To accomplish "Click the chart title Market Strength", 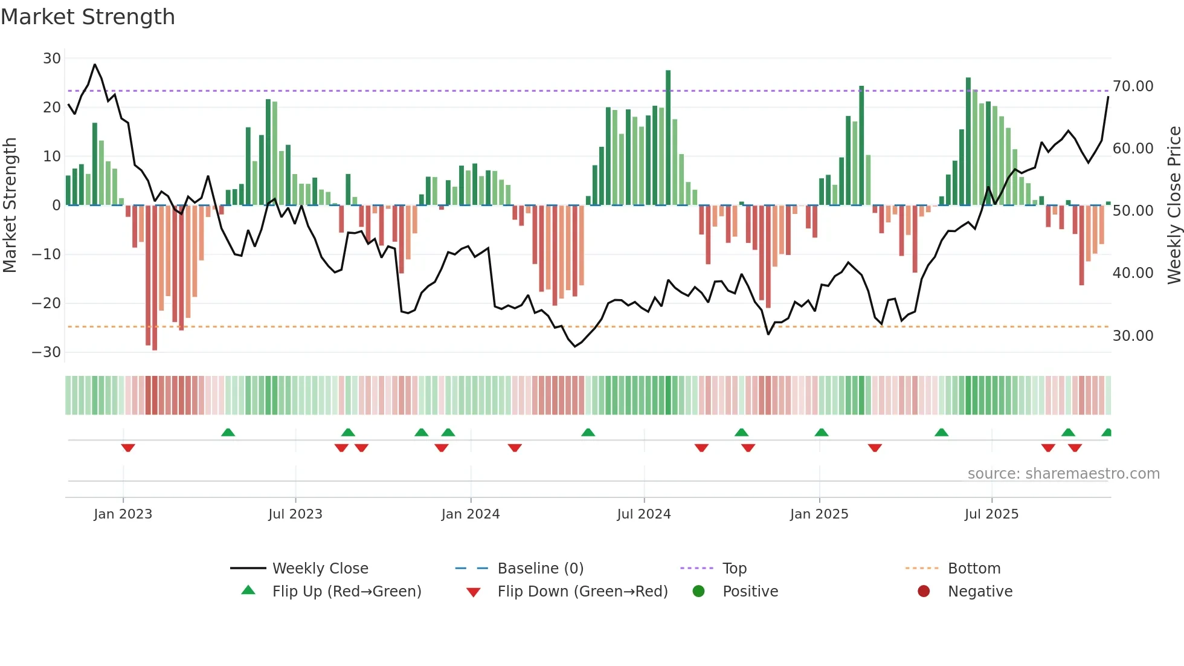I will [88, 17].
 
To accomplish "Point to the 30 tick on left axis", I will [52, 59].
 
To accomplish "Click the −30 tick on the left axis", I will [47, 352].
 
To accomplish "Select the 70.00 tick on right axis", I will [1133, 86].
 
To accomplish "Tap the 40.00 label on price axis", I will [1133, 273].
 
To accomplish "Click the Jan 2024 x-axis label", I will [470, 514].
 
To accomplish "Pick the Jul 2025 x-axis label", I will [991, 514].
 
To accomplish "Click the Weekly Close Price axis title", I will [1173, 205].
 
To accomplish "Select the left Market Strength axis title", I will [10, 205].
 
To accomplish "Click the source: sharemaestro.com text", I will [1063, 474].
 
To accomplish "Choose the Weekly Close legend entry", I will [320, 569].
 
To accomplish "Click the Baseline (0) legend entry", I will [540, 569].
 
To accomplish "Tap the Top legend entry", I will [734, 569].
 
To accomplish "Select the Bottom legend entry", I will [974, 569].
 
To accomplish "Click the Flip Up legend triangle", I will [248, 590].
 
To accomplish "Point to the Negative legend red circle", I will [923, 591].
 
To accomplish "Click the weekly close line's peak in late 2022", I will [95, 64].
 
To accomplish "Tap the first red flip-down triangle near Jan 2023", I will [128, 448].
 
